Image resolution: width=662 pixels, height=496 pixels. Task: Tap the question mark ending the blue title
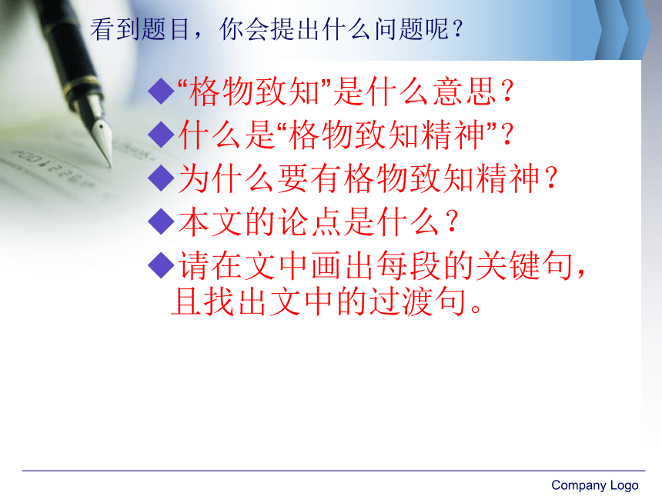pyautogui.click(x=457, y=29)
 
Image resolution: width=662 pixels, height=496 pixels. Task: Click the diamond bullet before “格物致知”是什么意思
pyautogui.click(x=162, y=91)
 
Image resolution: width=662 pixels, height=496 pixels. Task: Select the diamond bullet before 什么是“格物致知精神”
pyautogui.click(x=162, y=135)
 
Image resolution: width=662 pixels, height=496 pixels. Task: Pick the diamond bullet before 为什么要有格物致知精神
pyautogui.click(x=162, y=178)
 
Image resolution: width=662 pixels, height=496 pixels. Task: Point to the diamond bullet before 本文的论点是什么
pyautogui.click(x=162, y=221)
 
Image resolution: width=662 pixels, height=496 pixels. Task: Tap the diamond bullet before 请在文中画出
pyautogui.click(x=162, y=265)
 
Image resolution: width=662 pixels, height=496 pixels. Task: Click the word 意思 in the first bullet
pyautogui.click(x=465, y=91)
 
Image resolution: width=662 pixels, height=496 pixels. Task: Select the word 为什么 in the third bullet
pyautogui.click(x=227, y=178)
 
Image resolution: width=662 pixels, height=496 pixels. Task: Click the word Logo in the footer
pyautogui.click(x=624, y=485)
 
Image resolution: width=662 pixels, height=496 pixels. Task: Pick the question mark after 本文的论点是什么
pyautogui.click(x=452, y=221)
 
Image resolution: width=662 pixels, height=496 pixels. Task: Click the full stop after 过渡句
pyautogui.click(x=476, y=308)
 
